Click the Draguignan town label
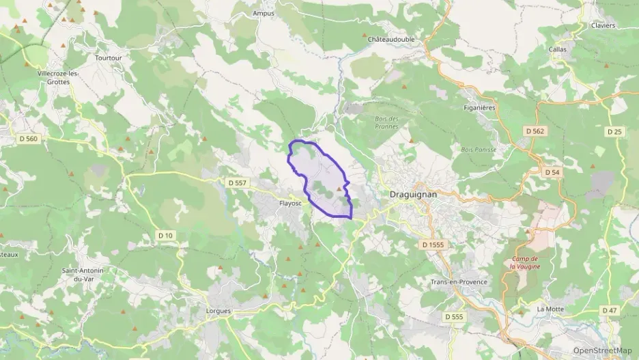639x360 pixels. coord(412,194)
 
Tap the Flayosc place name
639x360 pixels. coord(289,203)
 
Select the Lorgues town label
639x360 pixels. coord(218,311)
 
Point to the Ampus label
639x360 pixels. coord(263,13)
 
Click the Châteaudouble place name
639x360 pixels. coord(390,40)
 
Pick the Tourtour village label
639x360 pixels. coord(109,58)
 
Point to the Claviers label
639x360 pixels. coord(601,25)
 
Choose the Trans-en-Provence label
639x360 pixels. coord(459,282)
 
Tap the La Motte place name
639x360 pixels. coord(550,309)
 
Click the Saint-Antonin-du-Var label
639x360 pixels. coord(83,275)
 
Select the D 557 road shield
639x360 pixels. coord(237,182)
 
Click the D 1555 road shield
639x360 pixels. coord(433,244)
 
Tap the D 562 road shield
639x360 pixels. coord(535,130)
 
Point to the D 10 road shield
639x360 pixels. coord(165,236)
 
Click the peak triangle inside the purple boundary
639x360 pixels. coord(338,189)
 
